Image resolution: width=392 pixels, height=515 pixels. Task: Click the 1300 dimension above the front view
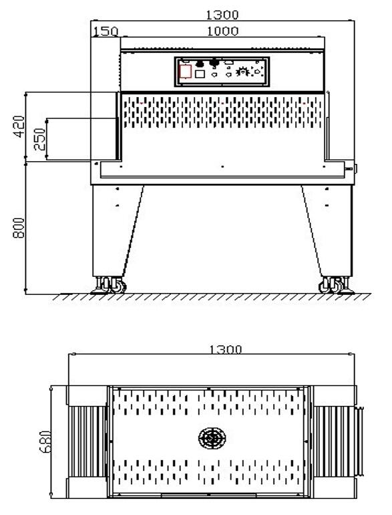(222, 15)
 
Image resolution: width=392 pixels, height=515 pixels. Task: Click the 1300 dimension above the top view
(226, 349)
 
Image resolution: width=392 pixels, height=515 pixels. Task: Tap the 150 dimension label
(106, 31)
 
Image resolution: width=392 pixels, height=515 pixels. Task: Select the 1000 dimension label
(223, 31)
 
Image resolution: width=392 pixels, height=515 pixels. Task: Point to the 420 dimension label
(19, 126)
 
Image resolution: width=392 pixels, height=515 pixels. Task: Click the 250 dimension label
(40, 139)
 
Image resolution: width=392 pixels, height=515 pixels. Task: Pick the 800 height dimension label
(19, 228)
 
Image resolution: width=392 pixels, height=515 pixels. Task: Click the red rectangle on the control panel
(186, 72)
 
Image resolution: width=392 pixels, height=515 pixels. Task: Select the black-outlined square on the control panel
(200, 74)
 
